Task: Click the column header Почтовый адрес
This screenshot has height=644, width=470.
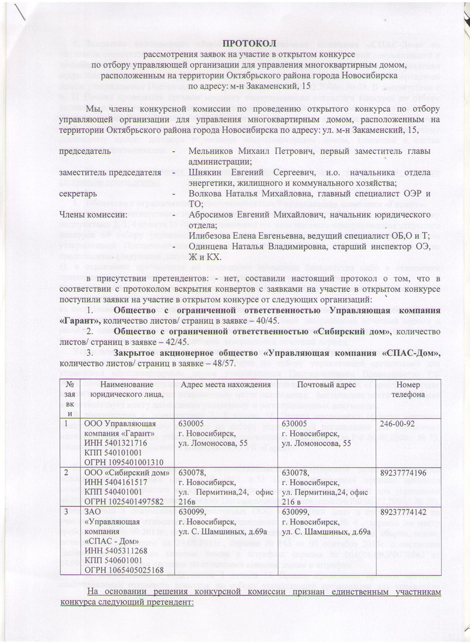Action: [323, 385]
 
